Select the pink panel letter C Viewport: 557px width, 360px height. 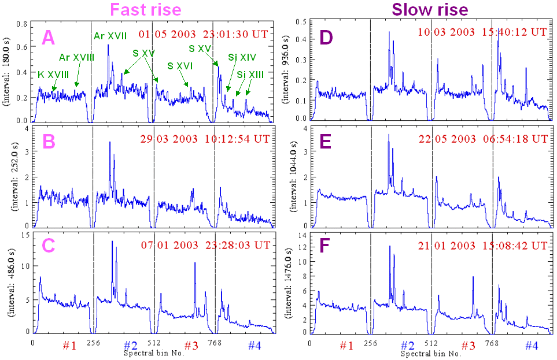[x=49, y=246]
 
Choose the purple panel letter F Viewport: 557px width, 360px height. [x=327, y=246]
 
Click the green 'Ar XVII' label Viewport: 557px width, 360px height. [x=110, y=37]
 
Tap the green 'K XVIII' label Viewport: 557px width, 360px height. [x=54, y=75]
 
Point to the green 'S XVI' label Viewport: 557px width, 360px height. [x=179, y=66]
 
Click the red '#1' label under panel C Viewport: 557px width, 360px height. [x=69, y=346]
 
